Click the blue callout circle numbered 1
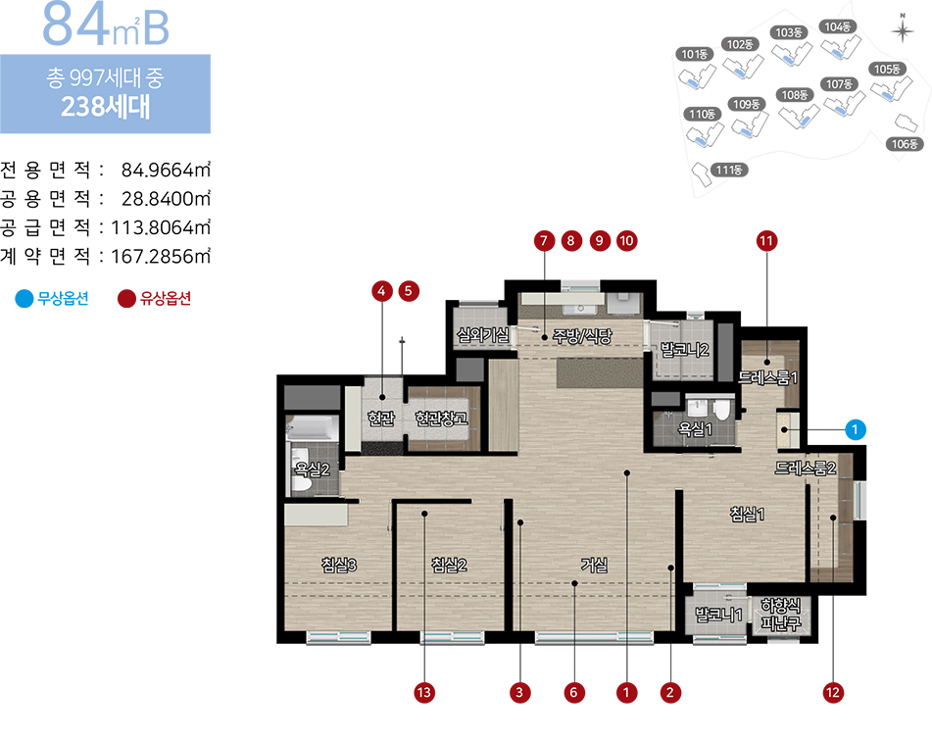(855, 429)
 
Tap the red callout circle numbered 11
(766, 241)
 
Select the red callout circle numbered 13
(423, 693)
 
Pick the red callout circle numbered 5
(409, 291)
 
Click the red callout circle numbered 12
(833, 693)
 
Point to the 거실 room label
(595, 565)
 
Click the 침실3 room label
(339, 565)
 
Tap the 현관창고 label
(442, 419)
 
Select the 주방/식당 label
(582, 336)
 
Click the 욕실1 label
(695, 428)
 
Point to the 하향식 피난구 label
(781, 615)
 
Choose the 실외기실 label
(482, 335)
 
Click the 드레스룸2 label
(806, 468)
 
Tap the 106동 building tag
(905, 144)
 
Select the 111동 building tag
(729, 170)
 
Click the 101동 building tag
(694, 55)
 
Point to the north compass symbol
(903, 29)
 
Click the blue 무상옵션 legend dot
(25, 299)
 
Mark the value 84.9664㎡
(166, 170)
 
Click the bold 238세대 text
(105, 107)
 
